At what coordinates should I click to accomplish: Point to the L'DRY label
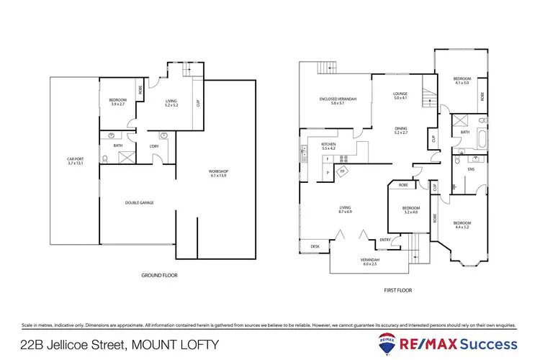153,148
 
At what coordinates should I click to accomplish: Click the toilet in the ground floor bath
107,158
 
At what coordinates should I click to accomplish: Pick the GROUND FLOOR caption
160,275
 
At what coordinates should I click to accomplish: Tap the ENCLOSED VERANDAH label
332,102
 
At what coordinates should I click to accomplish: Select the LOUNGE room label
400,94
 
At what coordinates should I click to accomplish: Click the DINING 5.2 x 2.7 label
400,130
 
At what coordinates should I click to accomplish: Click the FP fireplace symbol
342,171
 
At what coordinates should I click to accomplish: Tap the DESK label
315,247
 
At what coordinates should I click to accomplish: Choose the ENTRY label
385,239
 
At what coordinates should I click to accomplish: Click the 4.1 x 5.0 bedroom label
461,81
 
